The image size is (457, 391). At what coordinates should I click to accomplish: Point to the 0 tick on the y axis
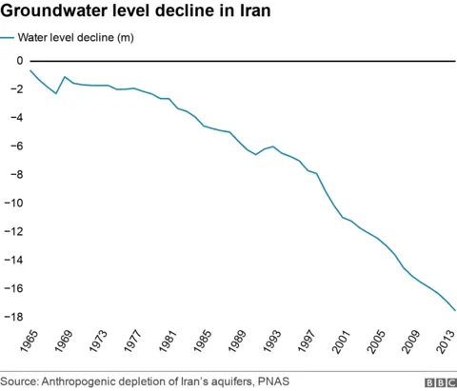coord(19,61)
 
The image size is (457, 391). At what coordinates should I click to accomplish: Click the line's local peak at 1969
coord(65,77)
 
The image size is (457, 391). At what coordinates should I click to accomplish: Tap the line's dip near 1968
coord(56,93)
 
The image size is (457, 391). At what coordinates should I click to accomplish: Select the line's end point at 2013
coord(455,310)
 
